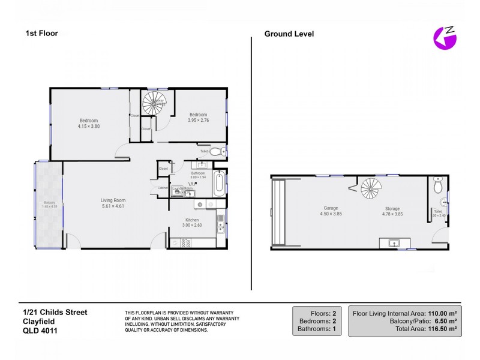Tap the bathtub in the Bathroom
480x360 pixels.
220,183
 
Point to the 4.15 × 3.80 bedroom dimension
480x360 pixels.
88,127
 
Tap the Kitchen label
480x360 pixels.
192,220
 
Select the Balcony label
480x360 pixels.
49,203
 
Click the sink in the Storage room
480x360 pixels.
394,242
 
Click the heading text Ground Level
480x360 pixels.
289,34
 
